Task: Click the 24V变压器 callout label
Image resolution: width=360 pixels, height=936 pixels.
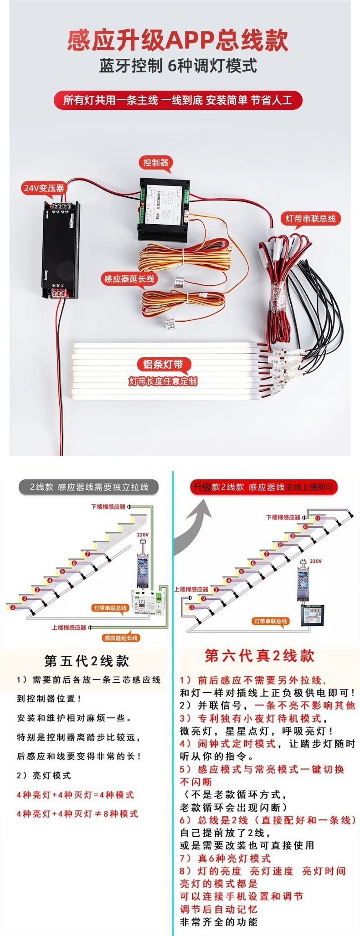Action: click(x=44, y=188)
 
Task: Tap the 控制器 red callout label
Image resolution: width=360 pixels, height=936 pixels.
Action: click(x=156, y=163)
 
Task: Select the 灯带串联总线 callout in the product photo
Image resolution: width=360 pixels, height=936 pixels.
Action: click(x=310, y=219)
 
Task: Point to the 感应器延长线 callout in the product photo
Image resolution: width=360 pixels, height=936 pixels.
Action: click(x=129, y=279)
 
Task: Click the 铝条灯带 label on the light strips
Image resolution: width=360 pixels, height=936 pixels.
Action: click(x=163, y=364)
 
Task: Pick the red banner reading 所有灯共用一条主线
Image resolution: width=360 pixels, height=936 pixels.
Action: click(x=178, y=100)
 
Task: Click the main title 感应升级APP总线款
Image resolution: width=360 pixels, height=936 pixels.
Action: click(x=178, y=40)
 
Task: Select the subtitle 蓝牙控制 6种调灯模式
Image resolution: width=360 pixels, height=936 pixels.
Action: click(x=178, y=66)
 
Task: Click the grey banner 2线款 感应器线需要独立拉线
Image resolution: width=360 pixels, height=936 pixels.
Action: click(x=89, y=487)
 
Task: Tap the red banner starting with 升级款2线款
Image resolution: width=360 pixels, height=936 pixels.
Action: click(x=263, y=487)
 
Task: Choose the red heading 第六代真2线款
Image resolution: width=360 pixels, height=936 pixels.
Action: click(x=260, y=656)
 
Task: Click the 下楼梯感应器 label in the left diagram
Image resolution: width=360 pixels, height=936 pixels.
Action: click(x=108, y=507)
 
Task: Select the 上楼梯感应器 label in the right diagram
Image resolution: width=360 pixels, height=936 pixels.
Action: click(x=191, y=589)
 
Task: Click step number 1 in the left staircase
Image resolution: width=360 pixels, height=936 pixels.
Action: click(x=13, y=607)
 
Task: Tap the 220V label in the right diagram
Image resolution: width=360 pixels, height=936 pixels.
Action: click(x=315, y=561)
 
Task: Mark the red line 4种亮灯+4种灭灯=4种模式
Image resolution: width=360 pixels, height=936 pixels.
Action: click(x=75, y=795)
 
